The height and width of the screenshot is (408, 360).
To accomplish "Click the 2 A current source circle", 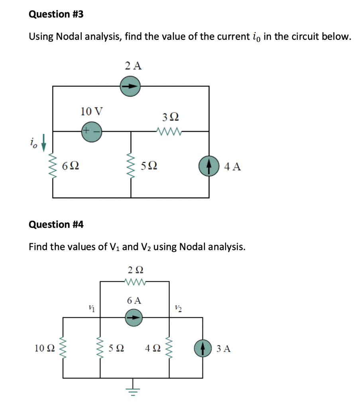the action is pyautogui.click(x=130, y=86).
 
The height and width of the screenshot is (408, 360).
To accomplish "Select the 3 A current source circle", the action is pyautogui.click(x=203, y=349).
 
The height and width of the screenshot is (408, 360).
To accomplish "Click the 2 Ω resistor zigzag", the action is pyautogui.click(x=134, y=282).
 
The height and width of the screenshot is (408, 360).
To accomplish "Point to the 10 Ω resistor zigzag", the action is pyautogui.click(x=62, y=349).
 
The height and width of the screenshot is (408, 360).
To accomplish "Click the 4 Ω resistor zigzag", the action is pyautogui.click(x=170, y=349).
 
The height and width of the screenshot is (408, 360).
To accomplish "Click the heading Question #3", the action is pyautogui.click(x=56, y=14).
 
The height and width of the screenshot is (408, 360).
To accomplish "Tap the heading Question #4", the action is pyautogui.click(x=56, y=225).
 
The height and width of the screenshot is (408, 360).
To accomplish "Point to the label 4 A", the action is pyautogui.click(x=232, y=167).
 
